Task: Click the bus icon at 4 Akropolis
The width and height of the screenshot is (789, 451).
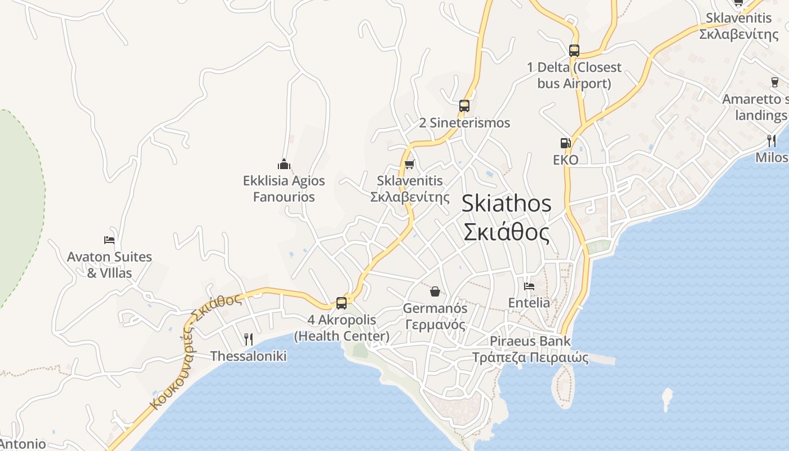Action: [x=342, y=303]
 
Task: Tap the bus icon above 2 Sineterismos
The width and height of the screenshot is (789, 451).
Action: [x=464, y=105]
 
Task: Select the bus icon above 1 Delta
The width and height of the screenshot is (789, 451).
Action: [x=574, y=50]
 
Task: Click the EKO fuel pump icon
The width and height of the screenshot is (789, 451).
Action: [x=565, y=143]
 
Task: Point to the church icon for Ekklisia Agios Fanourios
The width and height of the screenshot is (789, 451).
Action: [x=284, y=164]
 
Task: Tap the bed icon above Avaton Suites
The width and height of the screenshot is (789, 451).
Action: [x=109, y=240]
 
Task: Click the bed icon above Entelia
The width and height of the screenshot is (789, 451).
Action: [x=529, y=286]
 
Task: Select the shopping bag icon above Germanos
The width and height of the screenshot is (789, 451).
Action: [x=435, y=291]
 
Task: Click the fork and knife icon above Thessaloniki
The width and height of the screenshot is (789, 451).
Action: [x=249, y=339]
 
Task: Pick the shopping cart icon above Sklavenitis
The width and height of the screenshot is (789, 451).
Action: [x=410, y=164]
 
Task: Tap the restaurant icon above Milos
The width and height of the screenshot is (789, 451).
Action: [x=772, y=140]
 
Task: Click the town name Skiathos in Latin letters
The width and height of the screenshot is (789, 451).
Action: [x=506, y=204]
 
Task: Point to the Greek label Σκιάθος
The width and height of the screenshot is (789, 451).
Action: [x=506, y=232]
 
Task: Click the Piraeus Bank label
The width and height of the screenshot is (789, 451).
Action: [x=530, y=341]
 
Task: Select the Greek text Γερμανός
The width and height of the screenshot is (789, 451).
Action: [x=435, y=325]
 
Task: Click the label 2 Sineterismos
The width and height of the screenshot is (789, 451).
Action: [x=464, y=123]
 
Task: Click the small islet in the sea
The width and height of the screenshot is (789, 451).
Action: [x=667, y=398]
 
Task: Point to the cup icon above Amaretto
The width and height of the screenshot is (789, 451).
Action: [x=775, y=82]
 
